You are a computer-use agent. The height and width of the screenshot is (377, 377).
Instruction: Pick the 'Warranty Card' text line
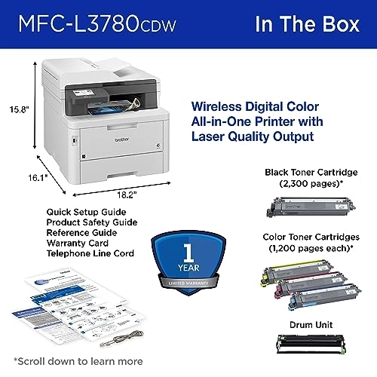[x=73, y=244]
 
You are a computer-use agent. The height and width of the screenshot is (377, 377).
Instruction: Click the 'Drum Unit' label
[x=309, y=324]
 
